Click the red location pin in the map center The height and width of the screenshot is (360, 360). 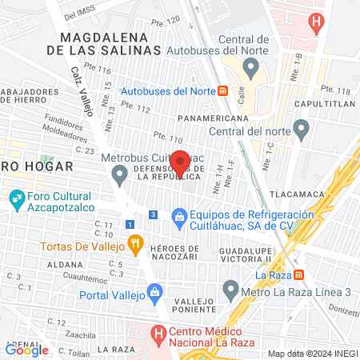[181, 162]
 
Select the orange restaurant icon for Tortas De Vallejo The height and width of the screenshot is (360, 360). [135, 243]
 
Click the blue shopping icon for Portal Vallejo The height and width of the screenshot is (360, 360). [155, 293]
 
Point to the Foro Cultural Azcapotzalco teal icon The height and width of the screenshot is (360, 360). [15, 198]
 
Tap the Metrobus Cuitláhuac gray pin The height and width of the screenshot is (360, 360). [120, 173]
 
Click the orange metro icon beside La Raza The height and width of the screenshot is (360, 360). [298, 274]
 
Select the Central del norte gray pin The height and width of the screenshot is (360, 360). [301, 128]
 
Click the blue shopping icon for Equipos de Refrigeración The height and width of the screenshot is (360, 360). [180, 215]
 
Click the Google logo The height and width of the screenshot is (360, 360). [27, 350]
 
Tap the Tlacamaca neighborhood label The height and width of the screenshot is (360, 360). [298, 193]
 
